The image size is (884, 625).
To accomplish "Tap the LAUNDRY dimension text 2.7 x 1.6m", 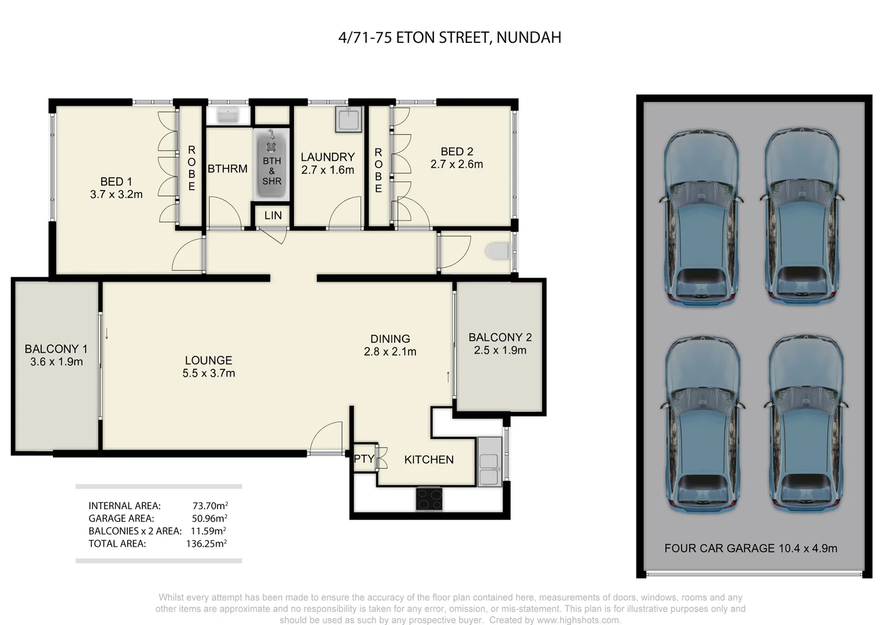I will click(x=327, y=170).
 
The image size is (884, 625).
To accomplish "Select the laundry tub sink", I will click(x=348, y=119).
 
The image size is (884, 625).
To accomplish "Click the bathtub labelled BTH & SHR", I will click(x=271, y=164).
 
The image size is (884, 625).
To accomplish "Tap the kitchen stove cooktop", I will click(x=429, y=499).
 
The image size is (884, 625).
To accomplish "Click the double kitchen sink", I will click(x=489, y=461).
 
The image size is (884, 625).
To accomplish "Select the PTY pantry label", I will click(x=364, y=459).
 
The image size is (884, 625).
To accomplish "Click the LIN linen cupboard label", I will click(x=272, y=216).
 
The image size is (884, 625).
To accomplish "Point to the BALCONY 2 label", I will click(x=500, y=337).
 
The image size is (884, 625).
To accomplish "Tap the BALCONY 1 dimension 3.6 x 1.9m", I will click(x=57, y=362).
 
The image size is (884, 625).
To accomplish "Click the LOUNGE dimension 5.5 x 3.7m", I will click(x=208, y=373).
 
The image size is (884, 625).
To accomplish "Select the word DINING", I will click(x=390, y=339).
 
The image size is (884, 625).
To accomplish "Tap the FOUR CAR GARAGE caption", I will click(x=750, y=548).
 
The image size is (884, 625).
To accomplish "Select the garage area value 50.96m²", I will click(x=209, y=519).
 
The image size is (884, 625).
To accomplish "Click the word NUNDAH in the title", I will click(x=528, y=38).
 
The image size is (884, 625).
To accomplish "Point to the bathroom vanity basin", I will click(x=228, y=115).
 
